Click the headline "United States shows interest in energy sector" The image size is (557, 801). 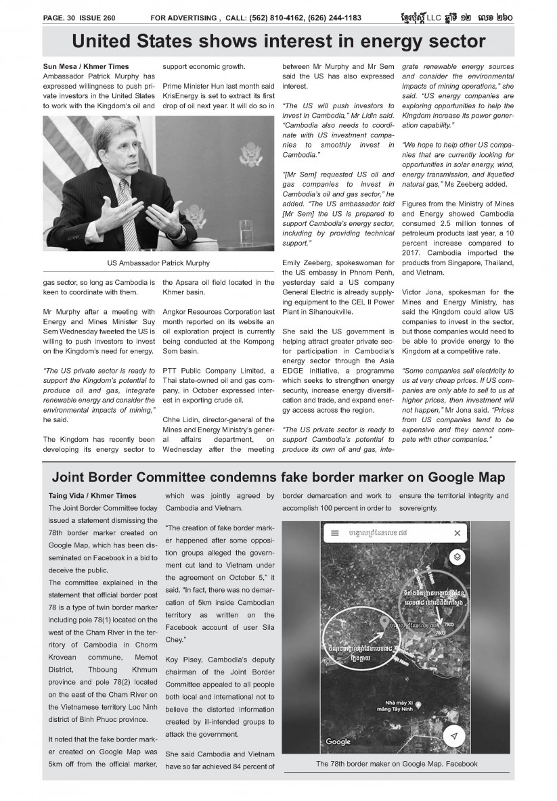point(278,42)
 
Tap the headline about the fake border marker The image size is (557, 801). point(278,478)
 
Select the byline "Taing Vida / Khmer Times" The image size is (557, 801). point(92,496)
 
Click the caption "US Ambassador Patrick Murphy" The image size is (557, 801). point(158,262)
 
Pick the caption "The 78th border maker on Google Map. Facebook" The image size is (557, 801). point(397,764)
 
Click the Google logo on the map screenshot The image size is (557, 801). point(338,742)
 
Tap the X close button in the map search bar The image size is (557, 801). point(458,533)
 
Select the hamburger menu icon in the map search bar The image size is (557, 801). point(334,533)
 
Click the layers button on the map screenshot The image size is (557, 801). point(457,557)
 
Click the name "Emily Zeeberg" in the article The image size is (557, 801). point(305,262)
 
